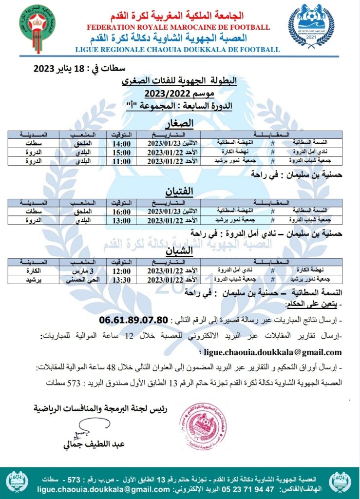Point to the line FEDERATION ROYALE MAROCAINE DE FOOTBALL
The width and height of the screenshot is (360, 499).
tap(178, 27)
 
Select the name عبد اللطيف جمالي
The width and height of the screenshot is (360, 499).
tap(92, 444)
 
